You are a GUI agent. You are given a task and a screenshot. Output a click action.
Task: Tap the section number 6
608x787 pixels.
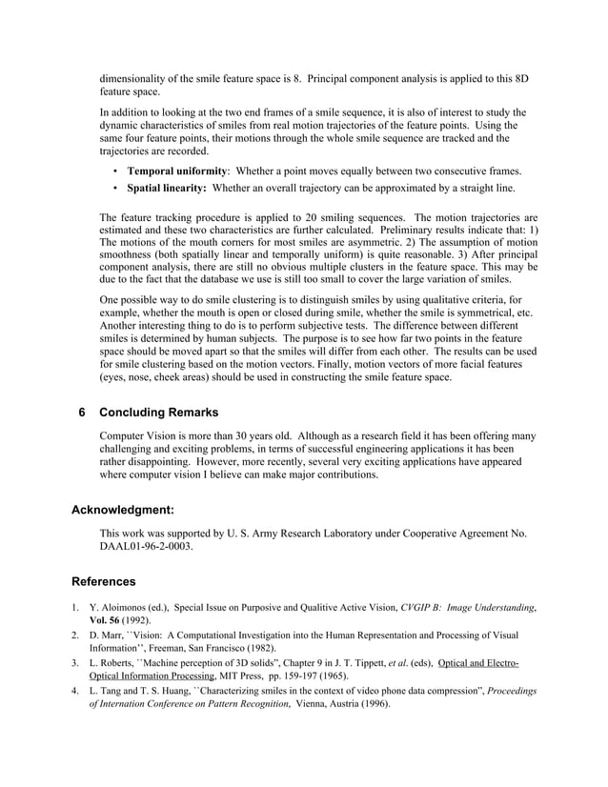[x=82, y=413]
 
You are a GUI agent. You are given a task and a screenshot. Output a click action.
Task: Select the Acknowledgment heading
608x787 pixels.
[x=123, y=510]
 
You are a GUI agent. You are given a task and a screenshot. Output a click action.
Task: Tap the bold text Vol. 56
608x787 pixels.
[x=110, y=618]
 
